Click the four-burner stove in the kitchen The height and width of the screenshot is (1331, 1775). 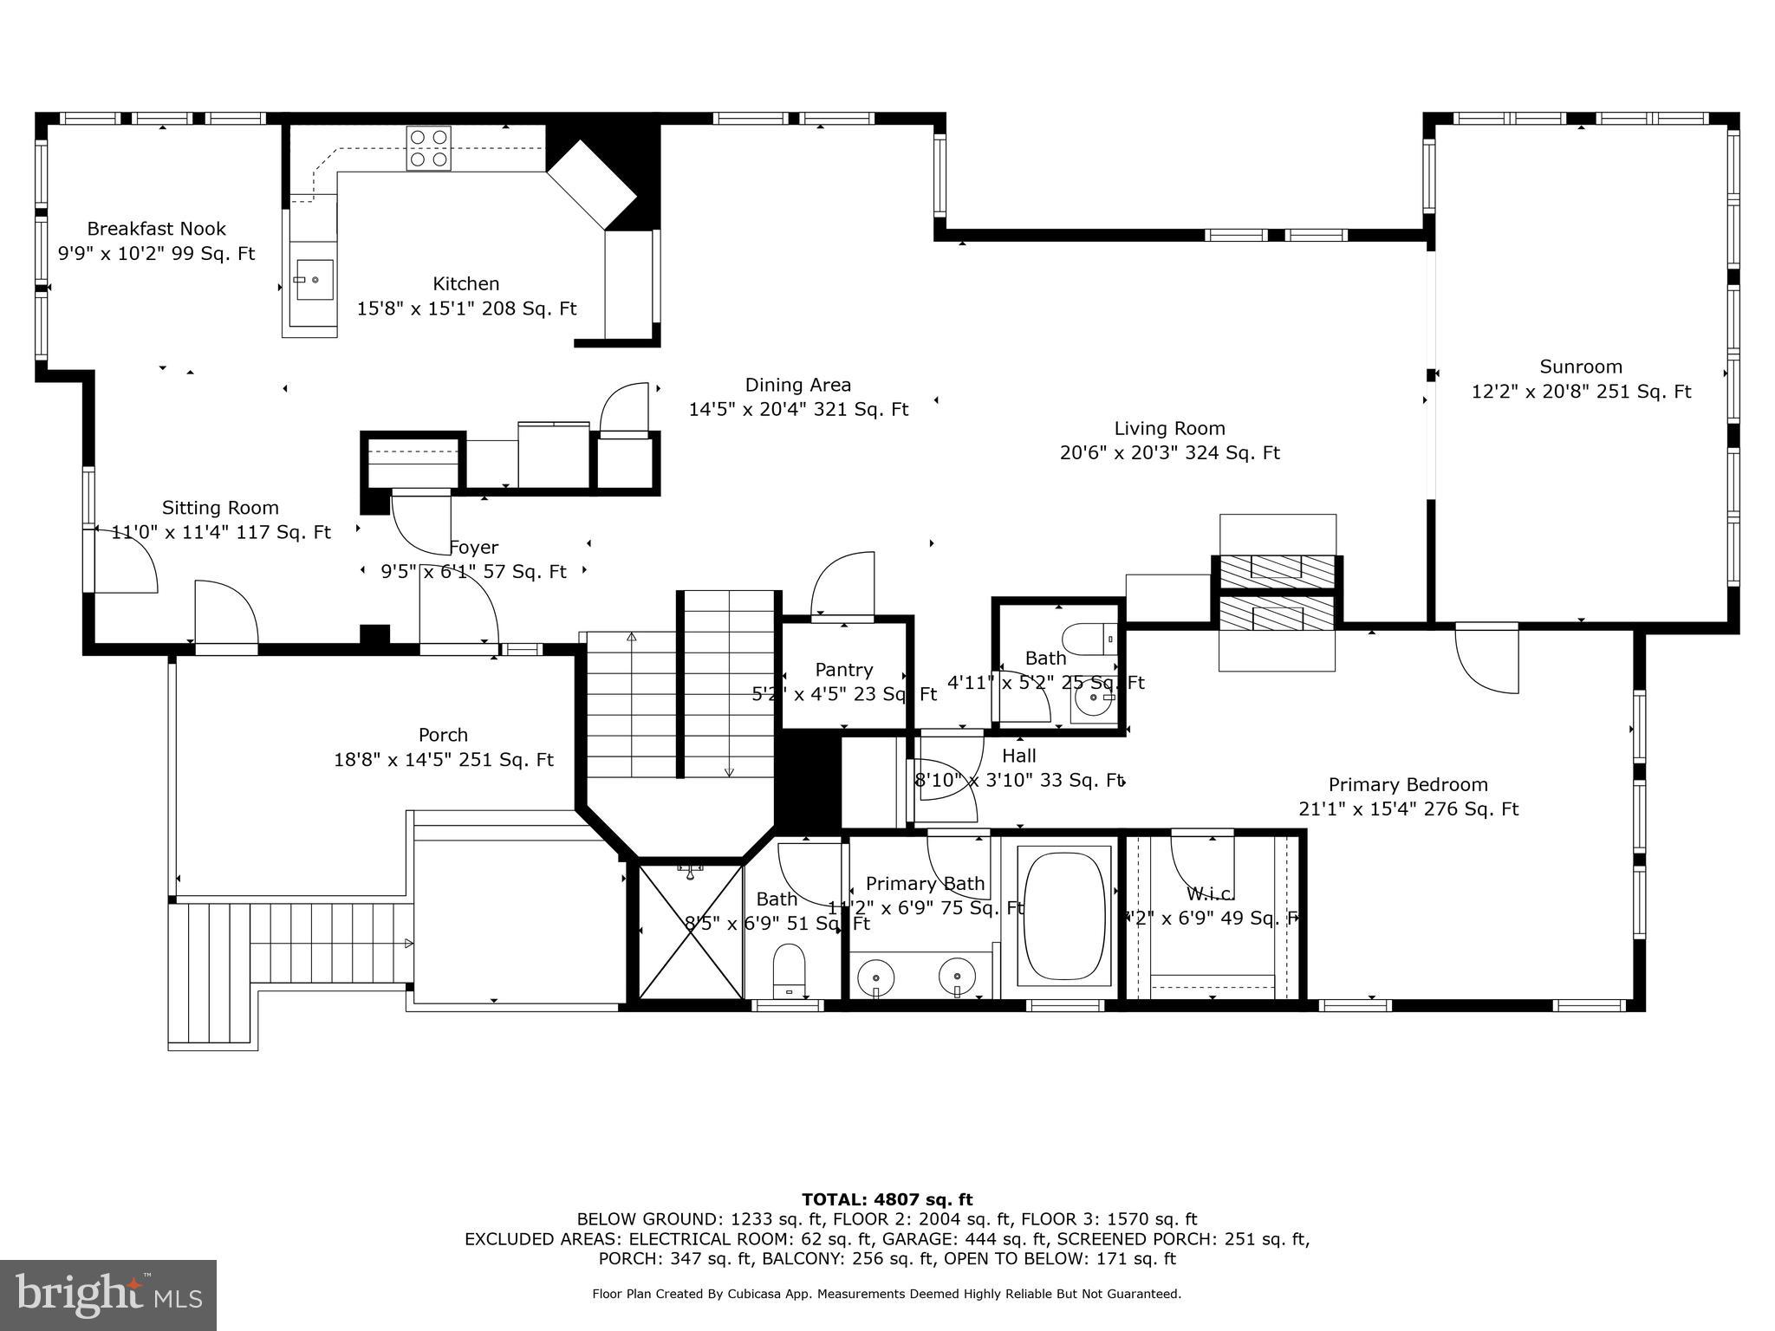point(428,147)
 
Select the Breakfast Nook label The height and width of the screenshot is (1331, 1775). point(156,229)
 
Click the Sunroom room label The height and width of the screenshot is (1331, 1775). point(1581,367)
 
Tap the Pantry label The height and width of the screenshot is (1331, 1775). point(843,670)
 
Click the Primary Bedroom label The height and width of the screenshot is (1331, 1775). point(1408,784)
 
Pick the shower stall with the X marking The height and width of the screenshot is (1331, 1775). point(691,930)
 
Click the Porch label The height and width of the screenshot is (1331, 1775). point(443,735)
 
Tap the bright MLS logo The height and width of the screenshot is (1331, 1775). point(107,1295)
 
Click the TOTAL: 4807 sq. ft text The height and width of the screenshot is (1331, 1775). point(887,1199)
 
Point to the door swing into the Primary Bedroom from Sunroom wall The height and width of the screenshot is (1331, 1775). point(1487,659)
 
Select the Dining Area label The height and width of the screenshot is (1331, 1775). point(797,385)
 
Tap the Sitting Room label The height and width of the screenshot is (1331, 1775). point(220,508)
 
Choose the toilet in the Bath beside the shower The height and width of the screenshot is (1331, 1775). point(788,970)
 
